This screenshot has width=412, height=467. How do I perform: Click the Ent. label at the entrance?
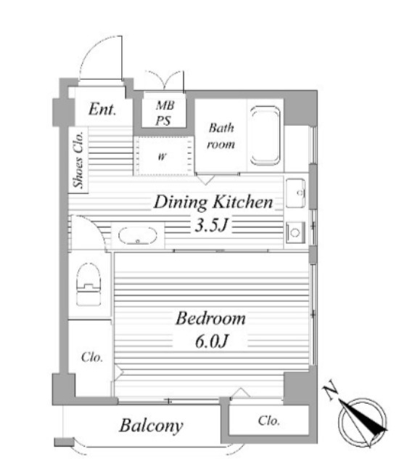point(102,109)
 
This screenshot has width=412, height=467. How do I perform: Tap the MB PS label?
point(165,113)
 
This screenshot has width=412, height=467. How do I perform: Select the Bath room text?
point(221,136)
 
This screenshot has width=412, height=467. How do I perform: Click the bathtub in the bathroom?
point(265,135)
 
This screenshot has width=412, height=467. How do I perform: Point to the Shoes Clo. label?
point(78,160)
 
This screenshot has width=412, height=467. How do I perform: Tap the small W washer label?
point(162,156)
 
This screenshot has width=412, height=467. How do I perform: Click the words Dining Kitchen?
point(213,202)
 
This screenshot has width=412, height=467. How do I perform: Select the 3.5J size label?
point(211,224)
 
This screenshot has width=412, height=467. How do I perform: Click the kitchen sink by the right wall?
point(295,193)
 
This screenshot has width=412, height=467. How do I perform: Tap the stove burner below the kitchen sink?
point(295,232)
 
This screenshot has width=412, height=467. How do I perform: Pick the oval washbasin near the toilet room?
point(137,235)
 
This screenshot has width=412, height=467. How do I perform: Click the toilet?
point(88,284)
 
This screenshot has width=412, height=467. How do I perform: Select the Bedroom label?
point(210,318)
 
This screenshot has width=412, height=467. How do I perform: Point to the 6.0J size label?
point(212,341)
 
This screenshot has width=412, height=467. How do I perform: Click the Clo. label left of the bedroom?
point(92,357)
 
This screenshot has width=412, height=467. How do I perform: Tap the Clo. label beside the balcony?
point(269,421)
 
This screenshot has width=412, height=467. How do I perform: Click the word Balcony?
point(151,426)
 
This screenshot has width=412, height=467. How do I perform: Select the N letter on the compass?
point(331,390)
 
